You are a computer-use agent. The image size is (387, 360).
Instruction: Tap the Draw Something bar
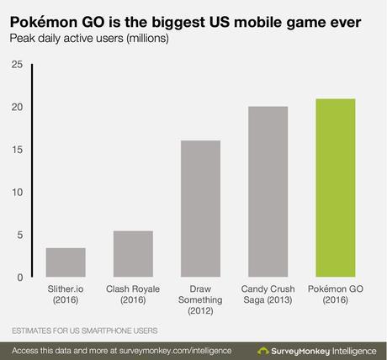199,209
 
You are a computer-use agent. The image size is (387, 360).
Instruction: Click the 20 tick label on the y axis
16,107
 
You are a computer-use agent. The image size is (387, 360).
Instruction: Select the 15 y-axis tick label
16,150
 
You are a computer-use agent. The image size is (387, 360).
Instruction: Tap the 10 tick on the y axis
16,192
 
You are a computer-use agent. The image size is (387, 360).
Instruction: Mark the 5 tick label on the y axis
19,235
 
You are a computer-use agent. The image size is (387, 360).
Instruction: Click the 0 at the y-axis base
19,277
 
